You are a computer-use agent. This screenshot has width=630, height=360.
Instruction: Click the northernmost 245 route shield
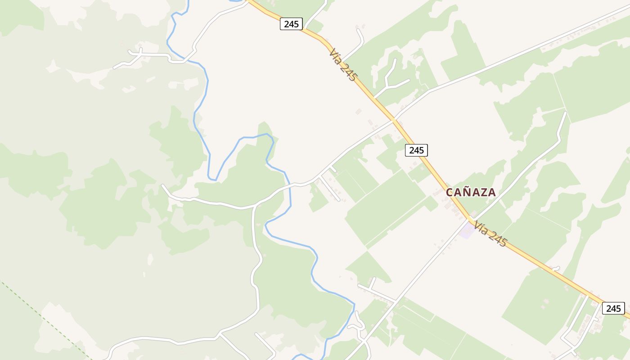coord(291,24)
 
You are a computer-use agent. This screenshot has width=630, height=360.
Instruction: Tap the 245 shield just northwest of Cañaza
coord(416,150)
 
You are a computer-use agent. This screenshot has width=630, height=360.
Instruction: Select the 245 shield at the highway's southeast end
coord(613,308)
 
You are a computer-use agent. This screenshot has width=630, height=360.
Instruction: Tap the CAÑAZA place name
coord(471,192)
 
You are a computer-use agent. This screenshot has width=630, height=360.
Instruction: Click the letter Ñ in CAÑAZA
coord(465,192)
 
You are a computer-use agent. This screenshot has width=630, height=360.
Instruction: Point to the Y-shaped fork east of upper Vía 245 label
coord(387,85)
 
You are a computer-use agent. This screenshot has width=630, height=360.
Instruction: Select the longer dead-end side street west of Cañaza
coord(329,189)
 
